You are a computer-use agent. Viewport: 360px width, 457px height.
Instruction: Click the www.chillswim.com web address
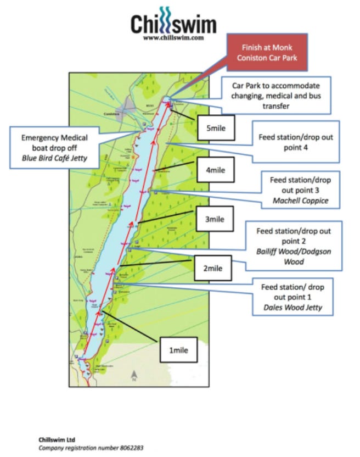(173, 38)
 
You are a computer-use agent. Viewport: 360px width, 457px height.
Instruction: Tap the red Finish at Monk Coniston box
(267, 54)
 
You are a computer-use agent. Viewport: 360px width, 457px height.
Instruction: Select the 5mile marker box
(216, 129)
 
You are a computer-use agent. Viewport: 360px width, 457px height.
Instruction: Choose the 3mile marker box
(215, 219)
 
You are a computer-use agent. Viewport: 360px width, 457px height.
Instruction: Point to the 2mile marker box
(212, 269)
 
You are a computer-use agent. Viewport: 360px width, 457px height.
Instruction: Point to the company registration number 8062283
(91, 448)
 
